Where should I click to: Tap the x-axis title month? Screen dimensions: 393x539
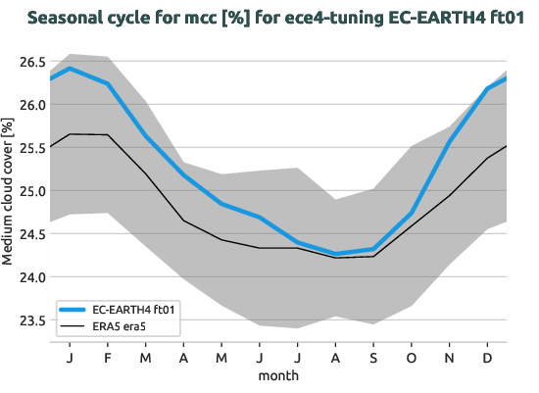tap(278, 374)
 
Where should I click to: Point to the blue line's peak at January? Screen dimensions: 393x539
tap(70, 69)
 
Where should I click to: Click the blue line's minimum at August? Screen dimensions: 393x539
tap(336, 254)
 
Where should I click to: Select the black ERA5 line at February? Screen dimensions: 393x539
tap(108, 135)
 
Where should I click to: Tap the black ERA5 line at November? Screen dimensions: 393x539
tap(450, 196)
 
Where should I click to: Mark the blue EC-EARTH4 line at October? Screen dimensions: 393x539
tap(412, 214)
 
